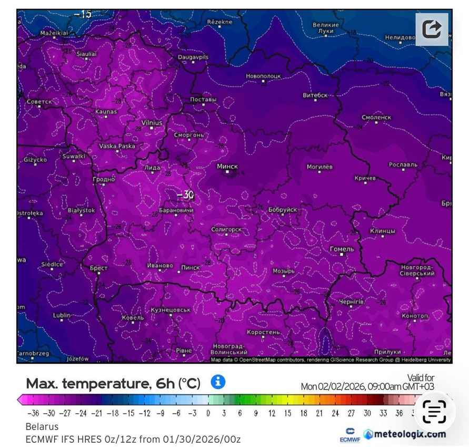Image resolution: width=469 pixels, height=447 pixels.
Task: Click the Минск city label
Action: [x=227, y=167]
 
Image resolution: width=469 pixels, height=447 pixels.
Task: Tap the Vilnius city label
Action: [x=152, y=122]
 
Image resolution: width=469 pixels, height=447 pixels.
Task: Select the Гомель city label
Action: [x=342, y=249]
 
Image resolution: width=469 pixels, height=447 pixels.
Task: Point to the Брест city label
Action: [x=98, y=268]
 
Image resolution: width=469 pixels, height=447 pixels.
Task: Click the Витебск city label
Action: [x=315, y=95]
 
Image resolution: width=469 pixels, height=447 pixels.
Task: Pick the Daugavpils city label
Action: [x=193, y=56]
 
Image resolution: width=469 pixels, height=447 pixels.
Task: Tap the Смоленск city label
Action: [x=376, y=117]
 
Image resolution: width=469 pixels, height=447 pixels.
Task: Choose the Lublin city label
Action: [x=62, y=315]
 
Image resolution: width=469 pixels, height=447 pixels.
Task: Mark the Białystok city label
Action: [x=82, y=210]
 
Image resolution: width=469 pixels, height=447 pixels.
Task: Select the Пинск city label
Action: [x=191, y=268]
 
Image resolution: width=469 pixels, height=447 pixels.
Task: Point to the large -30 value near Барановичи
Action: [x=185, y=195]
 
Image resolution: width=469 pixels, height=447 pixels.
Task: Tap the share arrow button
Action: [x=432, y=28]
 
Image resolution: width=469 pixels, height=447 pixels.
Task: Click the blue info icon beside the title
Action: [x=218, y=382]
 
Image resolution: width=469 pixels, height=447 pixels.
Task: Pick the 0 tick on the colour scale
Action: [x=208, y=413]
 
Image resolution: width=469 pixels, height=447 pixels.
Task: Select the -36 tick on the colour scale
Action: [x=33, y=413]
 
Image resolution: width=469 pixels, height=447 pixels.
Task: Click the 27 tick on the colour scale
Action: [x=351, y=413]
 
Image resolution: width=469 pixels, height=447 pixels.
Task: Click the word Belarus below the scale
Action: [x=42, y=426]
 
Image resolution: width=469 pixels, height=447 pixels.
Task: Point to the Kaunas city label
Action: [x=106, y=111]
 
